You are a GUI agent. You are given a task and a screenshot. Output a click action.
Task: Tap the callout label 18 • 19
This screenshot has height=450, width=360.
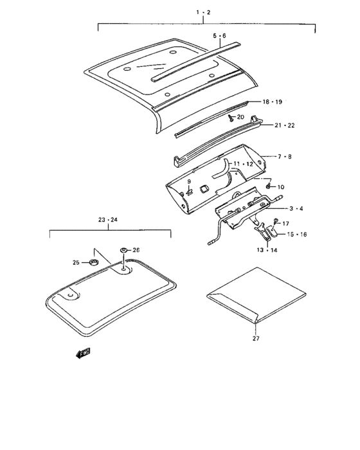[272, 102]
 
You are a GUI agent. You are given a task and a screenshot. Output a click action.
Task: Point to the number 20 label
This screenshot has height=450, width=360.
[241, 117]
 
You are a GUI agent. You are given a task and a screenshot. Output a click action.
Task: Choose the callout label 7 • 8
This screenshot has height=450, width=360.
[284, 156]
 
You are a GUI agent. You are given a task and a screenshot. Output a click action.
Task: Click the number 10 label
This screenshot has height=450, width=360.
[280, 186]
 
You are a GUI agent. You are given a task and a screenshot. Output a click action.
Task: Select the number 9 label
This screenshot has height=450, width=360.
[190, 182]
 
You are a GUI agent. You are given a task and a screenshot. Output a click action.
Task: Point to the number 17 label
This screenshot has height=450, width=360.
[285, 223]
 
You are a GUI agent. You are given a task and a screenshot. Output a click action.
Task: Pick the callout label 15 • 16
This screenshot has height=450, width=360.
[298, 235]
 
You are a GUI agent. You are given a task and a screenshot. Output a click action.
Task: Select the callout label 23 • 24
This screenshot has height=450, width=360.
[108, 220]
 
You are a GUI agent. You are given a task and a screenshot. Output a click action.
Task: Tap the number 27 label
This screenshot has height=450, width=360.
[255, 338]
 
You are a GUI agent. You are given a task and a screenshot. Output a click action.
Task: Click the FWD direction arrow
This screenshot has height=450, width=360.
[83, 352]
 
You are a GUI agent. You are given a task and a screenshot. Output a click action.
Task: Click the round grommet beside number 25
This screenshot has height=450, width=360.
[93, 262]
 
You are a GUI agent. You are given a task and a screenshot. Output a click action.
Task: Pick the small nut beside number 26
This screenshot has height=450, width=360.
[122, 249]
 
